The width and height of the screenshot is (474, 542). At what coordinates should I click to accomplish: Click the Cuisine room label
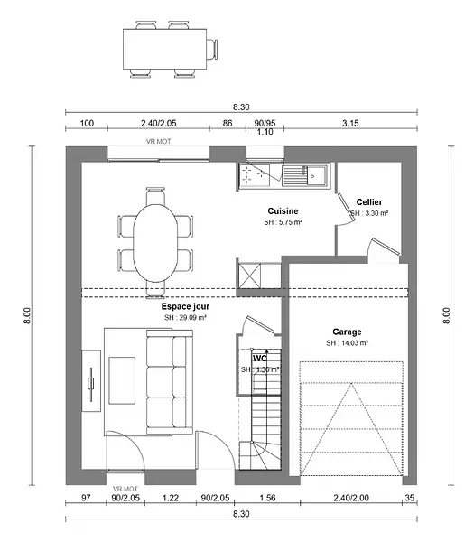[283, 210]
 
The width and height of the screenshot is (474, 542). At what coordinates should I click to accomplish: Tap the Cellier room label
[369, 201]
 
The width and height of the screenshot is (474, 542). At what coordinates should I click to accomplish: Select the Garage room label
[347, 332]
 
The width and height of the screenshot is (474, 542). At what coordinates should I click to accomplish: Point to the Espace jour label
[185, 306]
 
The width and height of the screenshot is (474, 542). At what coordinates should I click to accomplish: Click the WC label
[260, 358]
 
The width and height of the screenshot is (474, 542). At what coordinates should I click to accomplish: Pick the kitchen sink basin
[317, 175]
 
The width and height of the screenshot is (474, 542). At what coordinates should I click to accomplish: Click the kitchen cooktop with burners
[255, 175]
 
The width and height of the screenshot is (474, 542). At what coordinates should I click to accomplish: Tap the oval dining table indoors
[155, 243]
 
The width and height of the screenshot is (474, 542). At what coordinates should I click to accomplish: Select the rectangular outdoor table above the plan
[165, 49]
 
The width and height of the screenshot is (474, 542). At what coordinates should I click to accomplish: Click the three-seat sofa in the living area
[170, 382]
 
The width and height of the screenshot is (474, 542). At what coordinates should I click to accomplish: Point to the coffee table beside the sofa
[122, 380]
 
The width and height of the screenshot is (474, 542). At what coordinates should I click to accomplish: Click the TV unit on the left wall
[91, 381]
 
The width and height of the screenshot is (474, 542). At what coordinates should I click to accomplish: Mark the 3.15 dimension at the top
[350, 123]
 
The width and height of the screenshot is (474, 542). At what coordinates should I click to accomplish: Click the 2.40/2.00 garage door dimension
[351, 498]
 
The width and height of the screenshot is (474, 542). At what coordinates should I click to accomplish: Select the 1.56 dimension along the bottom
[267, 498]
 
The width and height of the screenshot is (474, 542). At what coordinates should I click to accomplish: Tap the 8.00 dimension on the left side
[27, 315]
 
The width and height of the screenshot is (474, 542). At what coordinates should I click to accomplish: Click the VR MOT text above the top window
[158, 142]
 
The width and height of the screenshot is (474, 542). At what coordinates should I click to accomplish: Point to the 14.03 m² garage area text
[347, 343]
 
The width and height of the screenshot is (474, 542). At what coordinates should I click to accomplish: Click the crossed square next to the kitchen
[250, 276]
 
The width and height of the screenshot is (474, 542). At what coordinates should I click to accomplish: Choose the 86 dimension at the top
[228, 123]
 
